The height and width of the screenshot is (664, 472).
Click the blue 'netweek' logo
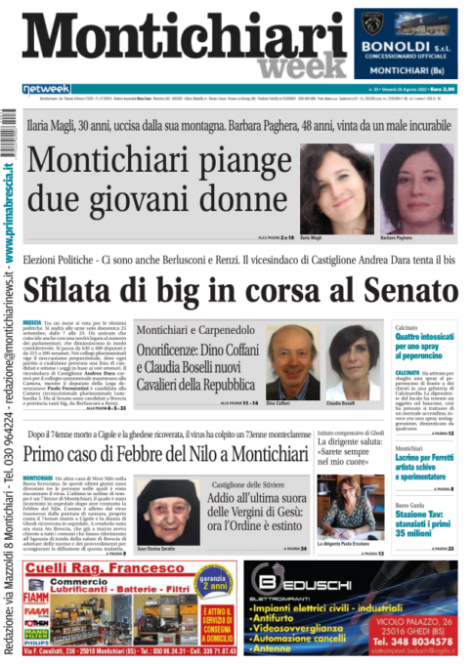coord(46,89)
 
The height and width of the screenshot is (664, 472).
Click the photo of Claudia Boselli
coord(339,363)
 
